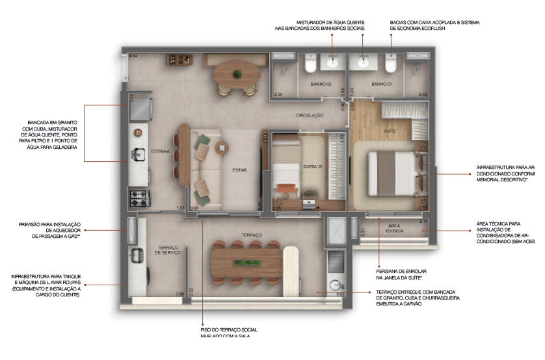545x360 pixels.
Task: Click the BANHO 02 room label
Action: [x=321, y=84]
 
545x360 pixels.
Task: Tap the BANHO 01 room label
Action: [x=382, y=84]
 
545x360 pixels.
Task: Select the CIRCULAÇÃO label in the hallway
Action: [x=310, y=115]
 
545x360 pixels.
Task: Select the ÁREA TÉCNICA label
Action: [x=394, y=228]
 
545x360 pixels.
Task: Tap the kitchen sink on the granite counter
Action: [x=138, y=155]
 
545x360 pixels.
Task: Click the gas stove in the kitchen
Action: [x=138, y=196]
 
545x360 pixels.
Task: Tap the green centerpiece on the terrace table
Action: [x=244, y=263]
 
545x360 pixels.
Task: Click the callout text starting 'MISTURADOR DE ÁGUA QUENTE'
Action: [x=330, y=25]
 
